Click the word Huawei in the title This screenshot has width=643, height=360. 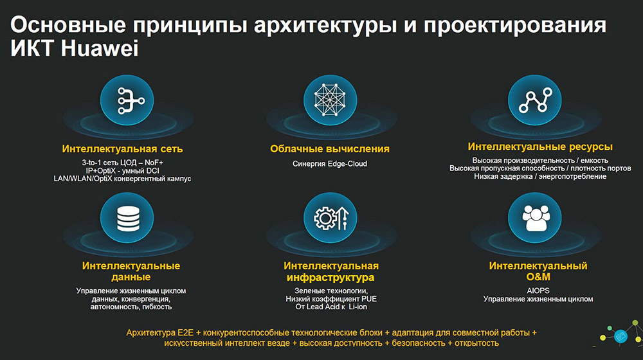tap(100, 49)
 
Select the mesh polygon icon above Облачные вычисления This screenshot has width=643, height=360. tap(330, 100)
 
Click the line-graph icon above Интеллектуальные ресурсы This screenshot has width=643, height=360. tap(535, 100)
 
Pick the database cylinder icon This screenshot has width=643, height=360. tap(127, 218)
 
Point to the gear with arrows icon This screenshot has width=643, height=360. tap(330, 218)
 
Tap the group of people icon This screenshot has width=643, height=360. tap(535, 218)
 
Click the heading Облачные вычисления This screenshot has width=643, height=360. tap(330, 149)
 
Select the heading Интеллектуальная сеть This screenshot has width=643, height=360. tap(122, 149)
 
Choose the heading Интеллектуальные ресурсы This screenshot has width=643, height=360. tap(540, 147)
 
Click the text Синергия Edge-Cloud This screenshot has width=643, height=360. tap(330, 163)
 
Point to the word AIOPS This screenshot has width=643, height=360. tap(538, 291)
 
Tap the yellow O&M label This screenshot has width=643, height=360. tap(538, 277)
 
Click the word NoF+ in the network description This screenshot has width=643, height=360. tap(154, 163)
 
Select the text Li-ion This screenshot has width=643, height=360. tap(358, 307)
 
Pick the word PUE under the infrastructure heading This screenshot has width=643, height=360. tap(369, 299)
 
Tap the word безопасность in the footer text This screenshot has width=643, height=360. tap(419, 343)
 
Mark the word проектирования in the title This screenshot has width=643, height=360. tap(514, 26)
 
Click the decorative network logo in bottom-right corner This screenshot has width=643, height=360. tap(620, 334)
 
